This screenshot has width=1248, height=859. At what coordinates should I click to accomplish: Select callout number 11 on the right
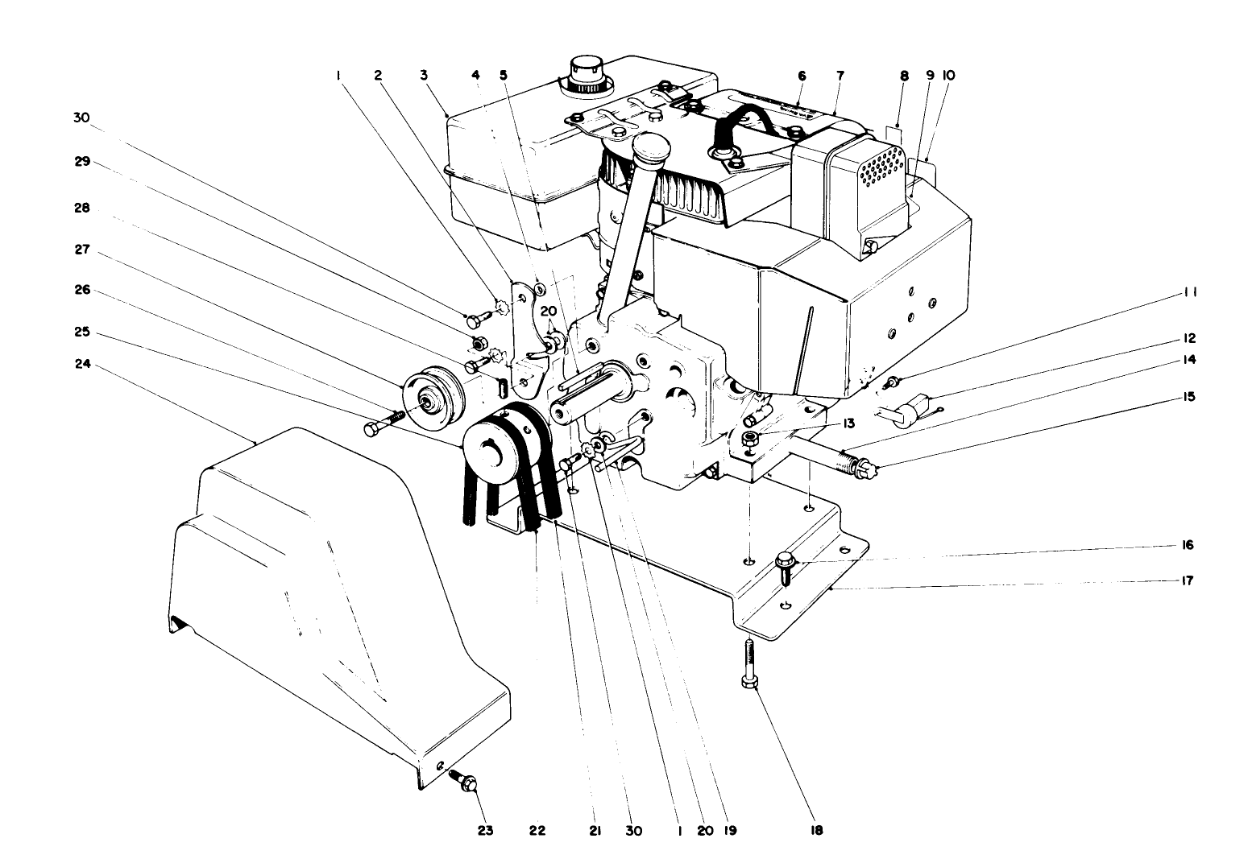click(1190, 293)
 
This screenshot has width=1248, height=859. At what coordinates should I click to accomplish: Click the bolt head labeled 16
click(786, 561)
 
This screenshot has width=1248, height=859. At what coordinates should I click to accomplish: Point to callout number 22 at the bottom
click(537, 830)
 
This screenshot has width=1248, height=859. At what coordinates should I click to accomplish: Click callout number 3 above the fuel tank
click(424, 75)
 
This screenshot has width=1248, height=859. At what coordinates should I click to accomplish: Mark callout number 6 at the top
click(802, 75)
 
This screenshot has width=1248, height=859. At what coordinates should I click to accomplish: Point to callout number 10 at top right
click(948, 75)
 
